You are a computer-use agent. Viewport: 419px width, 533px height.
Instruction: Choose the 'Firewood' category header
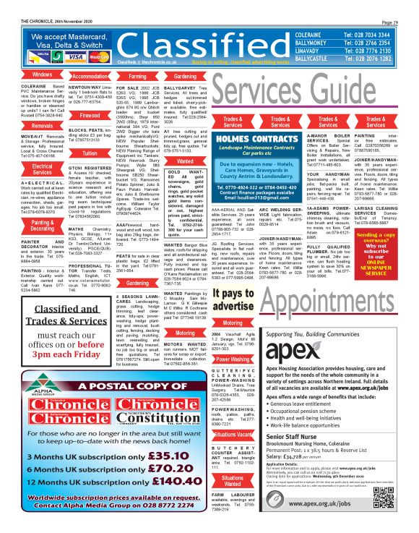pos(90,115)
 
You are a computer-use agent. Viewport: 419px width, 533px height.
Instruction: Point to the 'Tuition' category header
pos(90,154)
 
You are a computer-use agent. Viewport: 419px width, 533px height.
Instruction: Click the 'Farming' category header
pos(137,75)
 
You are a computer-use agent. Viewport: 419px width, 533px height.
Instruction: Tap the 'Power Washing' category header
pos(233,359)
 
